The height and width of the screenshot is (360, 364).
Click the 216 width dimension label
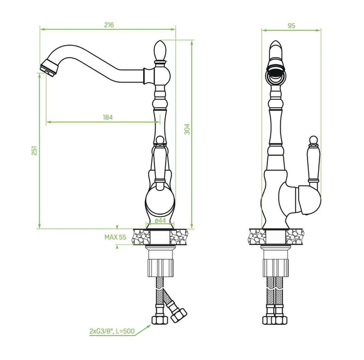(x=109, y=25)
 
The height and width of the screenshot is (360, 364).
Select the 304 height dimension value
(x=187, y=129)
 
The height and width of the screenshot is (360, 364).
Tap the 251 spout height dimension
(x=34, y=151)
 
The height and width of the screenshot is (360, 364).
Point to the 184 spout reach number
(x=108, y=117)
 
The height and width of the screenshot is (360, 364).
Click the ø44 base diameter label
(x=160, y=221)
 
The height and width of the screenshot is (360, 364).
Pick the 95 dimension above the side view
(x=291, y=26)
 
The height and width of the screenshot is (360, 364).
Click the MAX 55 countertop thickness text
(x=115, y=237)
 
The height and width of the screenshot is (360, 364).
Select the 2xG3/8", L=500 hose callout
(x=112, y=331)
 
